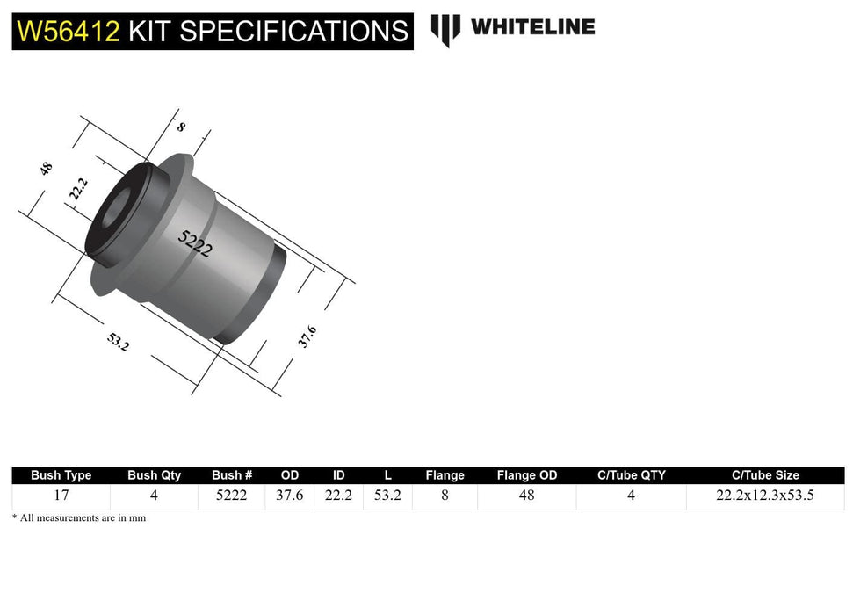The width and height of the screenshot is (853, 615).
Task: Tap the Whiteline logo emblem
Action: point(445,30)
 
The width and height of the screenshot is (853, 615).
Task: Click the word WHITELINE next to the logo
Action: point(532,27)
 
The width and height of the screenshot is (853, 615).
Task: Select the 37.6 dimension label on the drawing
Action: point(307,336)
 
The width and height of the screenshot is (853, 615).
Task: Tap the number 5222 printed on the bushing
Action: point(195,242)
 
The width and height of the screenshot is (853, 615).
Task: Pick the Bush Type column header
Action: point(61,475)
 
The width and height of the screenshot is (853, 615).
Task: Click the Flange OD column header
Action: point(526,475)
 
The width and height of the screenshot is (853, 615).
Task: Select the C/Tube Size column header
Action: point(765,475)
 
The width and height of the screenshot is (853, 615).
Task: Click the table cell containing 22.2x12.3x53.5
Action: point(765,496)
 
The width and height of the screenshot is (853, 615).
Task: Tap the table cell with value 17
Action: point(61,496)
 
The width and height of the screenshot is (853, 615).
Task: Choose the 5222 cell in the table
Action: point(232,496)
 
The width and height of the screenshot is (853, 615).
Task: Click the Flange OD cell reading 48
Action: point(526,496)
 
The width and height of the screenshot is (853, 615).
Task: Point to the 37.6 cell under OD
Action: point(289,496)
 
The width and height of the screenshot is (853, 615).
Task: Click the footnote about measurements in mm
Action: point(79,518)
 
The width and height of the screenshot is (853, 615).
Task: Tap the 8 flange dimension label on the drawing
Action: point(181,127)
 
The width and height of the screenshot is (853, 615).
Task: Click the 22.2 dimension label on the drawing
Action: point(79,188)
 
